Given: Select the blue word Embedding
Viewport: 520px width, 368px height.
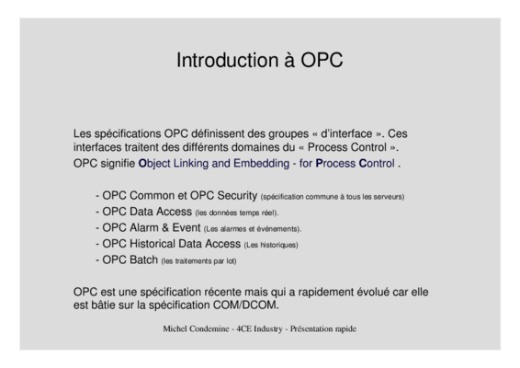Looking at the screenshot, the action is [261, 164].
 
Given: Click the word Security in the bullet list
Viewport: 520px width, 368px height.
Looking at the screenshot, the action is [237, 196].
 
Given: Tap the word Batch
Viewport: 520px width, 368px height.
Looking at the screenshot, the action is [143, 259].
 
